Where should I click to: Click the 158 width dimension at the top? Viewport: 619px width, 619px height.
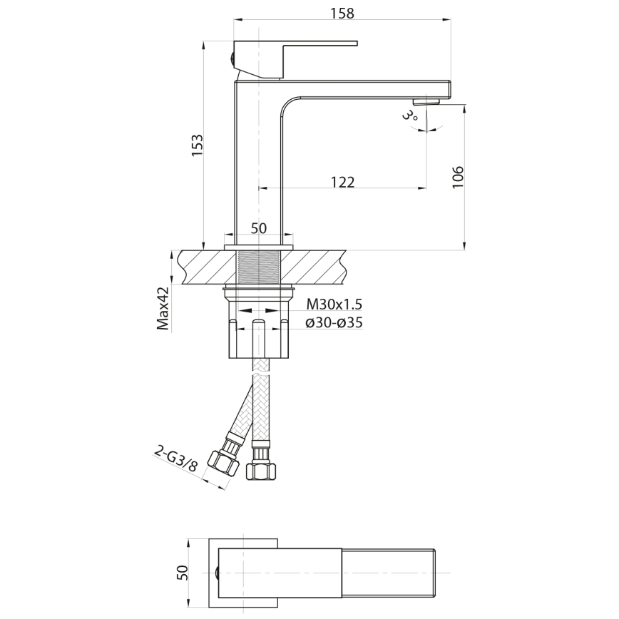pos(342,12)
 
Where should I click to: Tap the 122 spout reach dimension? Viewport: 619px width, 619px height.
pos(342,182)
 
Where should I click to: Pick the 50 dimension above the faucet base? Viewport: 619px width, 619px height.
pos(258,228)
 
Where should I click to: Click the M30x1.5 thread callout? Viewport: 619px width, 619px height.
pos(334,304)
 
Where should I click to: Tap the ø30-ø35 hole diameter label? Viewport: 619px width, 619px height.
pos(334,322)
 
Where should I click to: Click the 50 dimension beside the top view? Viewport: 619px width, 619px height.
pos(183,573)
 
